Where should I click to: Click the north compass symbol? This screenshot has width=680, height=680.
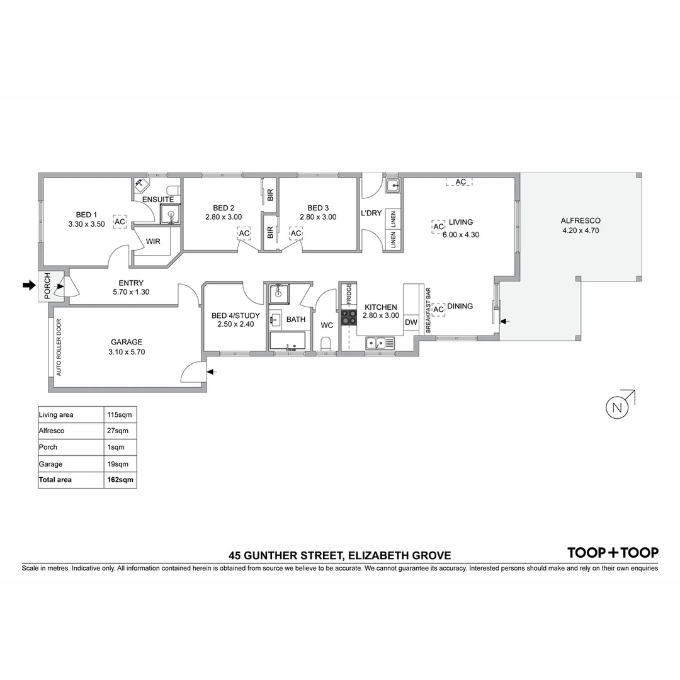point(618,407)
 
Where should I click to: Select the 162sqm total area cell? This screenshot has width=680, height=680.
point(120,480)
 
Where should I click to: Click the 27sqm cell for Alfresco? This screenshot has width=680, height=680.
point(120,431)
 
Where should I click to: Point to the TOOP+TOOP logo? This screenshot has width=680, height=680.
point(613,553)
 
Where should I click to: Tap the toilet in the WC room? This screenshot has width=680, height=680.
point(326,344)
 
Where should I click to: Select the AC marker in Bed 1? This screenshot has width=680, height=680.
point(120,222)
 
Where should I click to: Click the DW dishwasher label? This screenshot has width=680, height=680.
point(411,323)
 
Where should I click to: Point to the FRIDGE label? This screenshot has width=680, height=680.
point(348,295)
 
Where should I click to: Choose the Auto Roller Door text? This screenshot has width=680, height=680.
point(59,348)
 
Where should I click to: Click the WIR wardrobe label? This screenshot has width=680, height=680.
point(153,241)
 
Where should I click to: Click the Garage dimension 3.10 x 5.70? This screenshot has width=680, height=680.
point(127,352)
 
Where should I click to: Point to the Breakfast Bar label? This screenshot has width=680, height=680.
point(428,310)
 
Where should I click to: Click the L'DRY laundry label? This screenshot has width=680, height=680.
point(371,213)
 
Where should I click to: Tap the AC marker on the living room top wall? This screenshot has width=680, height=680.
point(460,182)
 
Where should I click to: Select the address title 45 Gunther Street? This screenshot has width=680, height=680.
point(340,555)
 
